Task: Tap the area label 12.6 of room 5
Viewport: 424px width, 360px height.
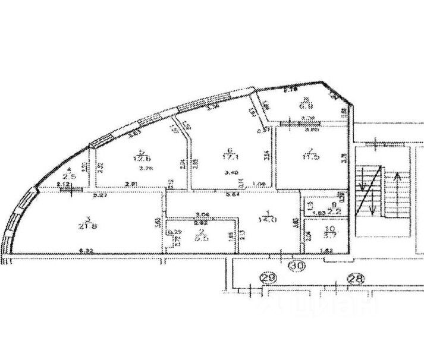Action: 140,157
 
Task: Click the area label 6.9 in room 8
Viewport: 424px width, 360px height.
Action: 306,107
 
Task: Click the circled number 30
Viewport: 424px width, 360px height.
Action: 297,266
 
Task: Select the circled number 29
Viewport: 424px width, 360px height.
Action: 269,276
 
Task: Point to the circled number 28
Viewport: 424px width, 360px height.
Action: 356,277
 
